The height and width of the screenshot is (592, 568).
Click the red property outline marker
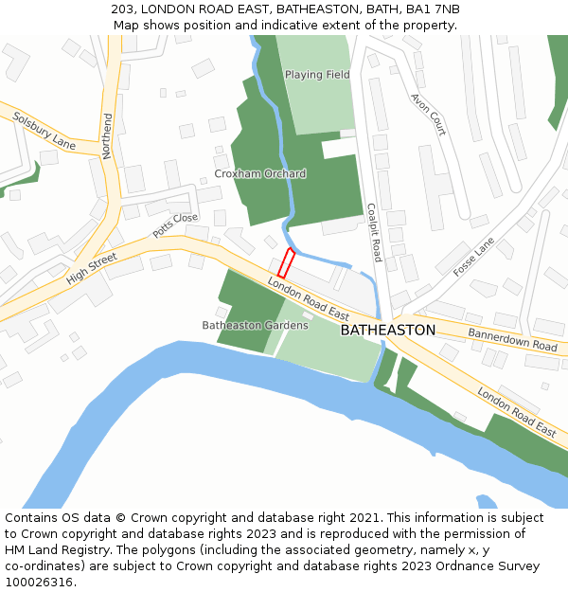tap(286, 263)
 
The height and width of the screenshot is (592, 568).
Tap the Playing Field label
tap(317, 74)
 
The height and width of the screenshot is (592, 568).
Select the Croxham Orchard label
tap(259, 173)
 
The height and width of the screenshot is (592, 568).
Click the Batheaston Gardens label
tap(255, 325)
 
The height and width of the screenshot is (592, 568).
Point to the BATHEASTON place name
tap(387, 330)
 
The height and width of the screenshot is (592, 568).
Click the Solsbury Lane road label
tap(44, 131)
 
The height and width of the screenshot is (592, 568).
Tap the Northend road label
tap(107, 135)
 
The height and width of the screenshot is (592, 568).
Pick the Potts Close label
tap(175, 225)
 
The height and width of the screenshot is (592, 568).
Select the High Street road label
tap(91, 268)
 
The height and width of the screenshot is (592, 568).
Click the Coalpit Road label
tap(373, 232)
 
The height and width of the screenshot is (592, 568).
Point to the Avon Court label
tap(428, 114)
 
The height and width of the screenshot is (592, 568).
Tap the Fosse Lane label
tap(473, 257)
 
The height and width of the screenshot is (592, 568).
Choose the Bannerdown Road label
tap(512, 339)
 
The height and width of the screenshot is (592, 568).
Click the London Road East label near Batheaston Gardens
tap(308, 298)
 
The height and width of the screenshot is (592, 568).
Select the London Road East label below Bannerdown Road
tap(516, 411)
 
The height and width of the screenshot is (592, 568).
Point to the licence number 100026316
tap(39, 582)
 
